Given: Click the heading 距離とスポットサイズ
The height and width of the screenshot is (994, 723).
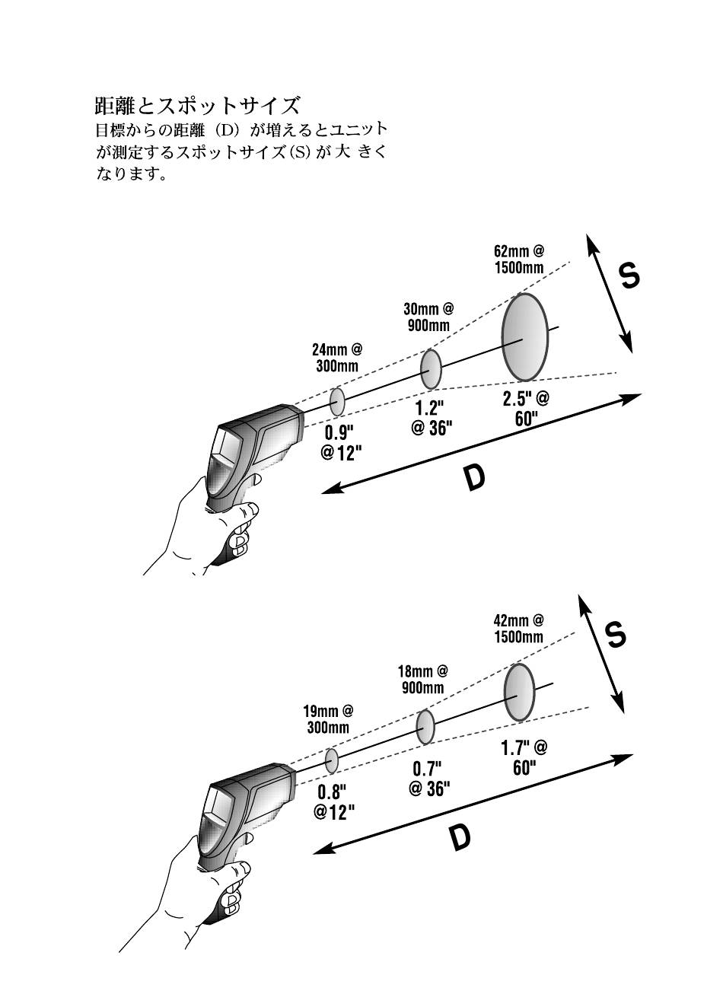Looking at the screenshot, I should pos(197,104).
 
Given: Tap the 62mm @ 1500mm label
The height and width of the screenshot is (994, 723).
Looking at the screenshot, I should pos(519,259).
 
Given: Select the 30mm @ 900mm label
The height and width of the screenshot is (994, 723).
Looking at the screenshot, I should pos(428,317).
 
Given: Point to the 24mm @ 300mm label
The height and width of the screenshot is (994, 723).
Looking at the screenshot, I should pos(336,358).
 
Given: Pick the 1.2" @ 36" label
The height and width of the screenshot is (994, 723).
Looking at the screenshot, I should pos(432,419).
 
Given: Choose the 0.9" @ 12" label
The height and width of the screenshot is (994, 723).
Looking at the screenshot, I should pos(340,443).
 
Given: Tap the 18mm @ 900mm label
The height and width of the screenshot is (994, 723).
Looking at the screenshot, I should pos(422,680).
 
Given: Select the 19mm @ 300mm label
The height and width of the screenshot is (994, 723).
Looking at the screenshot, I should pos(328,719).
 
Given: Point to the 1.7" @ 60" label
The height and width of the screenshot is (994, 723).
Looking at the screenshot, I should pos(524,757).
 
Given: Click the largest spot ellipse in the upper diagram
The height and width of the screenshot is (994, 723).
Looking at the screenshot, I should pos(524,336).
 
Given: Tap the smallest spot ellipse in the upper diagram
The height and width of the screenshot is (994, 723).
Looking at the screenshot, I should pos(337,400).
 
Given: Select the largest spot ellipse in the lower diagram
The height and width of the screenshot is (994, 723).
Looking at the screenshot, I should pos(519,692).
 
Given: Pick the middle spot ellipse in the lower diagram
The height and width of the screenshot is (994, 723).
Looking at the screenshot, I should pos(425,727).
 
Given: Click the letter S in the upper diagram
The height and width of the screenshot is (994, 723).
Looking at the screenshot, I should pos(629,276).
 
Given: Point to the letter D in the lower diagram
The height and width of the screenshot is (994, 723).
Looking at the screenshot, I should pos(458,837).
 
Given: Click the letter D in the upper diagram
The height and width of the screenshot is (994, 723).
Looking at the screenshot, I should pos(474,478).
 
